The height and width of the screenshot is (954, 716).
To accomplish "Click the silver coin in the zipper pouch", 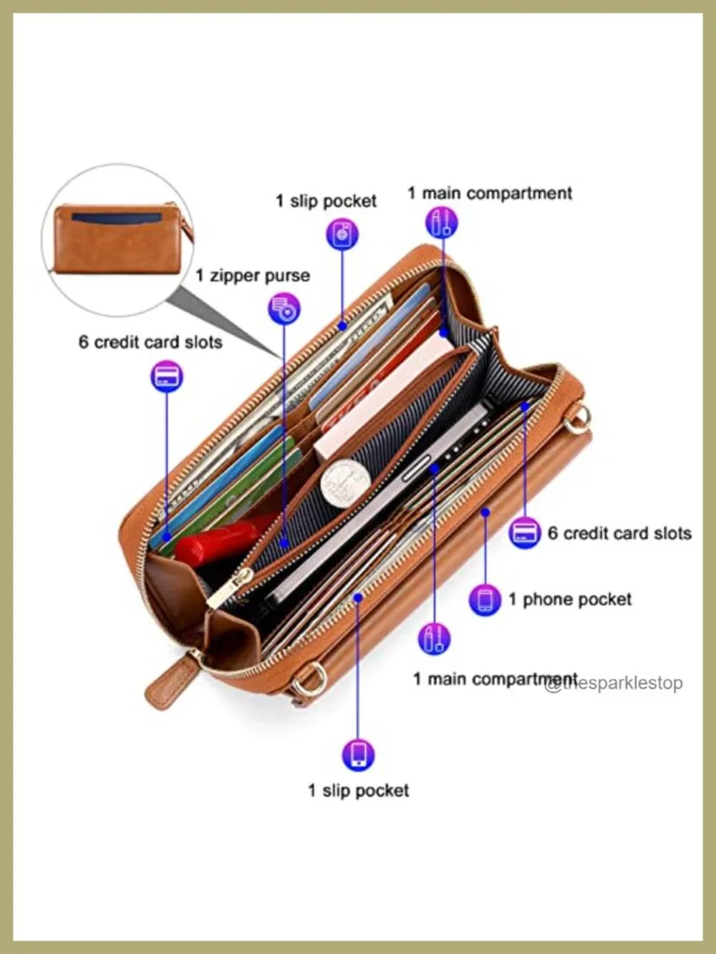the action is (x=346, y=483).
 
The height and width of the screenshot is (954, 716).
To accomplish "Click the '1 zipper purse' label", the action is (x=253, y=276).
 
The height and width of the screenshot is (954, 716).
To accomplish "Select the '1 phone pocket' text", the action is (x=570, y=600).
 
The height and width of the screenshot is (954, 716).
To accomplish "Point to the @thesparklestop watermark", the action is (x=614, y=683).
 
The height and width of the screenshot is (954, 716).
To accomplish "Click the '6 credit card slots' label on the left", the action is (x=150, y=343).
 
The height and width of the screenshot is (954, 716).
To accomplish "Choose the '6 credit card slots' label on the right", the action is (x=619, y=533).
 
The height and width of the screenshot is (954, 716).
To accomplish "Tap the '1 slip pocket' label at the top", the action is (x=326, y=201).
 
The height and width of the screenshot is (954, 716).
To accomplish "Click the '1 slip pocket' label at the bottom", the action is (x=359, y=791).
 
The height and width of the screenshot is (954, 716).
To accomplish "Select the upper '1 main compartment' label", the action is (x=490, y=193).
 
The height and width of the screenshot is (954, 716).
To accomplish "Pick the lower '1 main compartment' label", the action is (x=495, y=679).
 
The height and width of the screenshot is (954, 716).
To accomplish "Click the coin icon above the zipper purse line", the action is (x=284, y=308).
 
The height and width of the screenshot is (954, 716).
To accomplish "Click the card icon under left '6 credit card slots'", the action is (x=167, y=376).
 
